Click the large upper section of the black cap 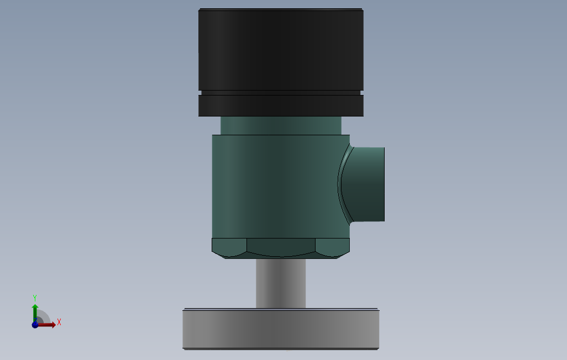tap(281, 50)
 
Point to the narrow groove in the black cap tap(281, 93)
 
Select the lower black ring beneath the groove tap(281, 105)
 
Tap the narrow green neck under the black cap tap(281, 125)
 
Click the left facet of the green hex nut tap(229, 246)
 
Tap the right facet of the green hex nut tap(333, 246)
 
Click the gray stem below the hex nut tap(281, 283)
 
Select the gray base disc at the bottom tap(281, 329)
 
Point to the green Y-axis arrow tap(35, 307)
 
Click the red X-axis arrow tap(49, 325)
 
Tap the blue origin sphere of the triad tap(35, 325)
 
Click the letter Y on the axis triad tap(35, 297)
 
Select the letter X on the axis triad tap(59, 322)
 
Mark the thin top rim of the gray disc tap(281, 309)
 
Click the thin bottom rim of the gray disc tap(281, 348)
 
